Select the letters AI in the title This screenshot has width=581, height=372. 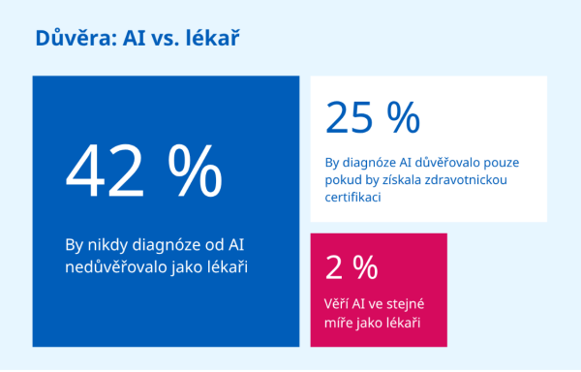point(135,38)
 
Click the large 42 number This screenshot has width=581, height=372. point(105,170)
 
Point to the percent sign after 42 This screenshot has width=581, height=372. point(195,170)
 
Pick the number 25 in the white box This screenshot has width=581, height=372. point(349,118)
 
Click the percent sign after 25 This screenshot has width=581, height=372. point(403,117)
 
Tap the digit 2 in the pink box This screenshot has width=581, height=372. point(333,268)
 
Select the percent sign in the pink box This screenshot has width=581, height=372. point(365,267)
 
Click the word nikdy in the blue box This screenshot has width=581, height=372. point(107,246)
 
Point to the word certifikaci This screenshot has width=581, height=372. point(352,197)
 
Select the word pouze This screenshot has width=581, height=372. point(501,163)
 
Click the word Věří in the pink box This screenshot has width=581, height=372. point(336,304)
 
